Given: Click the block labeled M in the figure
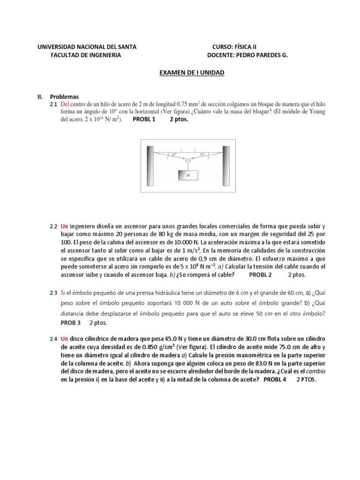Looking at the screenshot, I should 187,175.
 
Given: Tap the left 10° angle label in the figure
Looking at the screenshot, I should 173,154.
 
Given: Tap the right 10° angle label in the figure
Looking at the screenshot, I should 202,154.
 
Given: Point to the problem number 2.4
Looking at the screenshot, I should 53,338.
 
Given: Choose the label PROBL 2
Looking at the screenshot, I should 260,275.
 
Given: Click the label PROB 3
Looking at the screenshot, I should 71,323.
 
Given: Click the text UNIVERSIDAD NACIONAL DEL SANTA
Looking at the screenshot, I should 87,46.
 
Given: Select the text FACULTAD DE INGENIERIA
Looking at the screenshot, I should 85,55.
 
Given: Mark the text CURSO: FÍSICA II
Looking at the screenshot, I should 234,46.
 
